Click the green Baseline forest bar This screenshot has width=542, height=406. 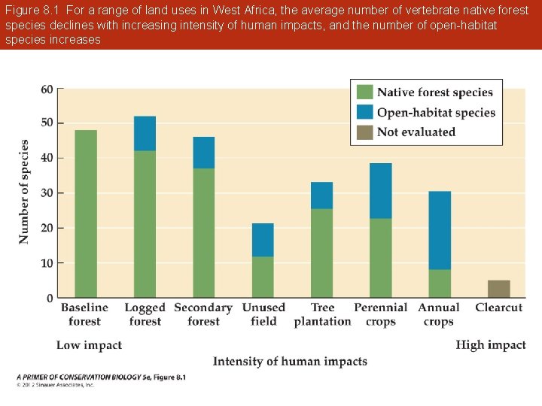tap(86, 214)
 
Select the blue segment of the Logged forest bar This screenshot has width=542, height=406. tap(145, 134)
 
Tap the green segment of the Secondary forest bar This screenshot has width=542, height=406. tap(203, 233)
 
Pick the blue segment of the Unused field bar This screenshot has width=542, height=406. tap(263, 240)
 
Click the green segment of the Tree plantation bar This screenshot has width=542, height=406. tap(321, 253)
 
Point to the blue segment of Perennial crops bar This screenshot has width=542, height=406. tap(380, 191)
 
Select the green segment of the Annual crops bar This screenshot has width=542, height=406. tap(440, 283)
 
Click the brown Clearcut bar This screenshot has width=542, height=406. tap(498, 289)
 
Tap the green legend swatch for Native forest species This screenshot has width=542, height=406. tap(364, 92)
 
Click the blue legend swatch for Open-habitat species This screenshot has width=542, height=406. tap(364, 113)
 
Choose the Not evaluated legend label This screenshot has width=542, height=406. tap(416, 132)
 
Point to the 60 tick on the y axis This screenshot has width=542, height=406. tap(47, 89)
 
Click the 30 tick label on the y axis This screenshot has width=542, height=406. tap(47, 193)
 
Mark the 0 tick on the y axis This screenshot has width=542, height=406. tap(50, 298)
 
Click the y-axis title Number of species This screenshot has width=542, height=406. tap(24, 192)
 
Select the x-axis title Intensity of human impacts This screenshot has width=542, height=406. tap(290, 362)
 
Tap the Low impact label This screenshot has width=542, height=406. tap(89, 345)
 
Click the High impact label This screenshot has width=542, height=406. tap(490, 345)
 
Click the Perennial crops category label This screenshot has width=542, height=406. tap(380, 314)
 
